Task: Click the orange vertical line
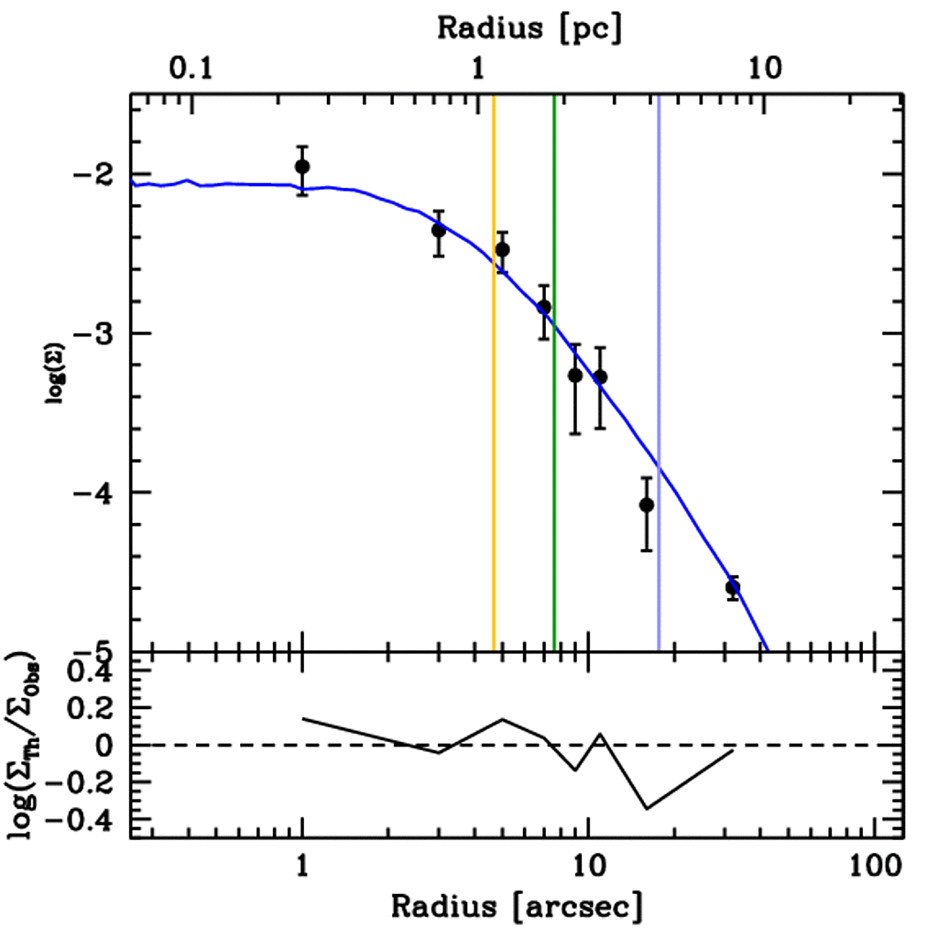coord(494,412)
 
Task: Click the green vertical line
coord(554,412)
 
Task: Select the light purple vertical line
coord(659,412)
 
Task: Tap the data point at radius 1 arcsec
coord(302,166)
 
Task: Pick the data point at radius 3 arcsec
coord(439,230)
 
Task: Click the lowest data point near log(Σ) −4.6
coord(733,586)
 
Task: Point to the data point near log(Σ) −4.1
coord(647,505)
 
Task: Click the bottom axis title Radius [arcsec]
coord(517,906)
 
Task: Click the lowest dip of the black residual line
coord(647,809)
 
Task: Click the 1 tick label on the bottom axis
coord(302,867)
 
